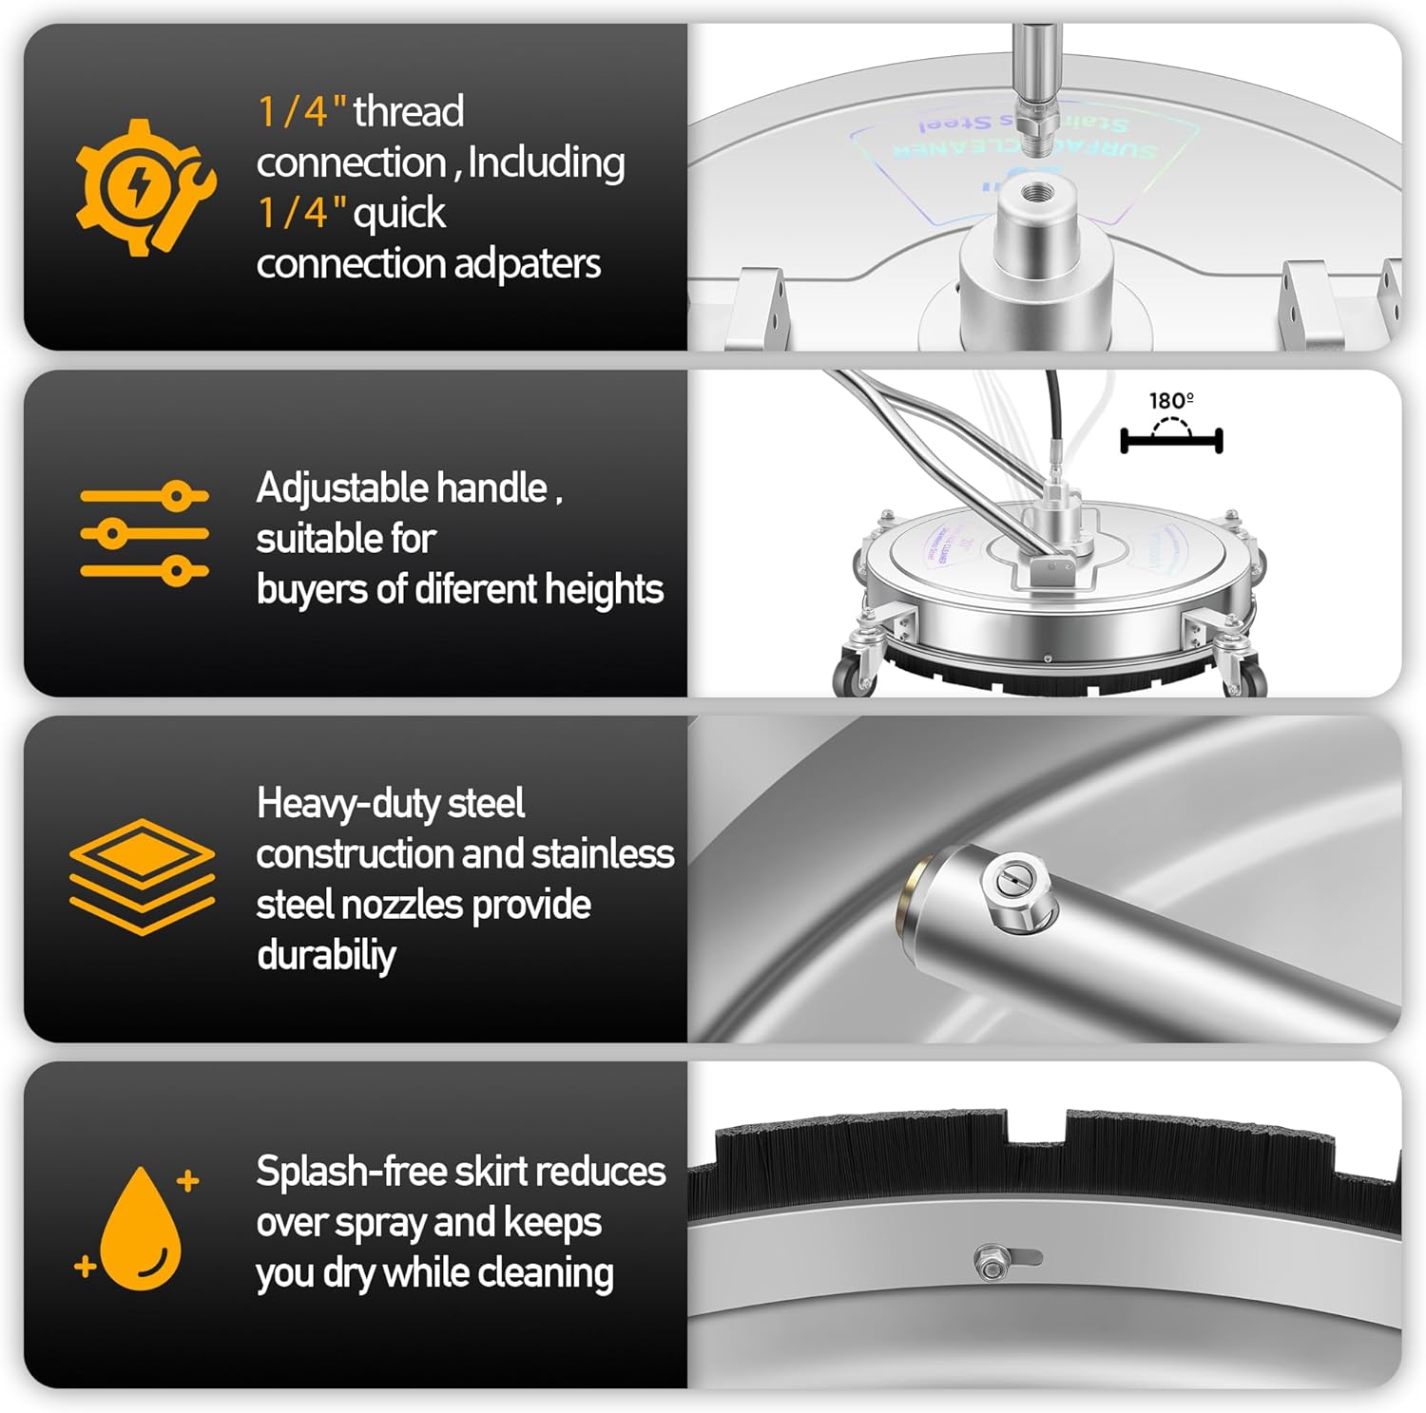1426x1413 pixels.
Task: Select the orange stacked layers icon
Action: (x=142, y=875)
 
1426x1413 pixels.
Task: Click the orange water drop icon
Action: (x=140, y=1228)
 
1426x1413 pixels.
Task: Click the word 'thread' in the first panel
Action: (x=409, y=112)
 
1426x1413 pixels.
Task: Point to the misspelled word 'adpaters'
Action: (x=527, y=264)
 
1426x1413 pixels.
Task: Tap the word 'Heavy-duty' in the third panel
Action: (x=339, y=804)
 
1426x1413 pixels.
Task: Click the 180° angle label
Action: (x=1171, y=401)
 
